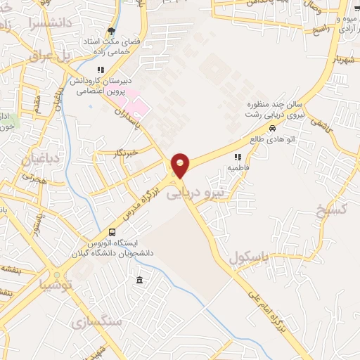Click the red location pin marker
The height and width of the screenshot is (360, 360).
point(181,165)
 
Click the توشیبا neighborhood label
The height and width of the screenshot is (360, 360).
point(55,285)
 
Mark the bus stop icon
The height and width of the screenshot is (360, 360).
point(112,233)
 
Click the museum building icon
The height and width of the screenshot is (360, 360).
point(139,281)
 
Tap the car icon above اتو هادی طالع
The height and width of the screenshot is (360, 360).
point(271,129)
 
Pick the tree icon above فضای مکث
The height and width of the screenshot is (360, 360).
point(111,31)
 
